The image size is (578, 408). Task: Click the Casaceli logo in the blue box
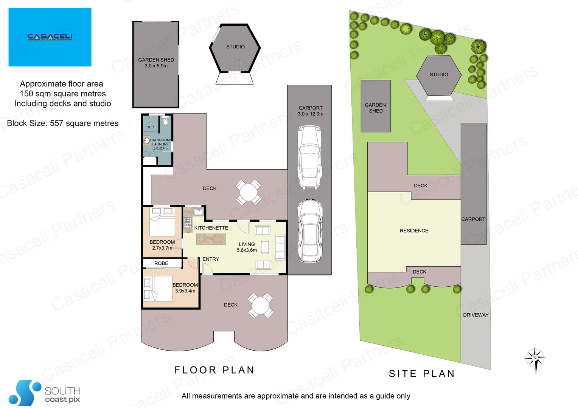[x=50, y=37]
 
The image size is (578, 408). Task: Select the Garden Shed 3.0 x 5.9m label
[x=156, y=63]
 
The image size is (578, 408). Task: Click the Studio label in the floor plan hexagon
[x=235, y=47]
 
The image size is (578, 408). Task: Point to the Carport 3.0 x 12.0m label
[x=310, y=111]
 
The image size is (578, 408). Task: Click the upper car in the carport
[x=309, y=157]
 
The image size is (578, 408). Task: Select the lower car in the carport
[x=309, y=230]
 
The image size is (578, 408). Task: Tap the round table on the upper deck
[x=248, y=192]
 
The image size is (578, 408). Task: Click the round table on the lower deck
[x=260, y=306]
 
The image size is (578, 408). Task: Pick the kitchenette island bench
[x=211, y=239]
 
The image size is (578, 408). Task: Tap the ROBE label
[x=161, y=263]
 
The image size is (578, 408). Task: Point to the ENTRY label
[x=211, y=259]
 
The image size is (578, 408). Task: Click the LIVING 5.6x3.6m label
[x=247, y=247]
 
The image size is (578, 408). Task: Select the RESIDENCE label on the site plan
[x=414, y=231]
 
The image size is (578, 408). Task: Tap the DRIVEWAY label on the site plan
[x=475, y=315]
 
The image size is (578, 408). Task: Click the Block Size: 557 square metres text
[x=63, y=124]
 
